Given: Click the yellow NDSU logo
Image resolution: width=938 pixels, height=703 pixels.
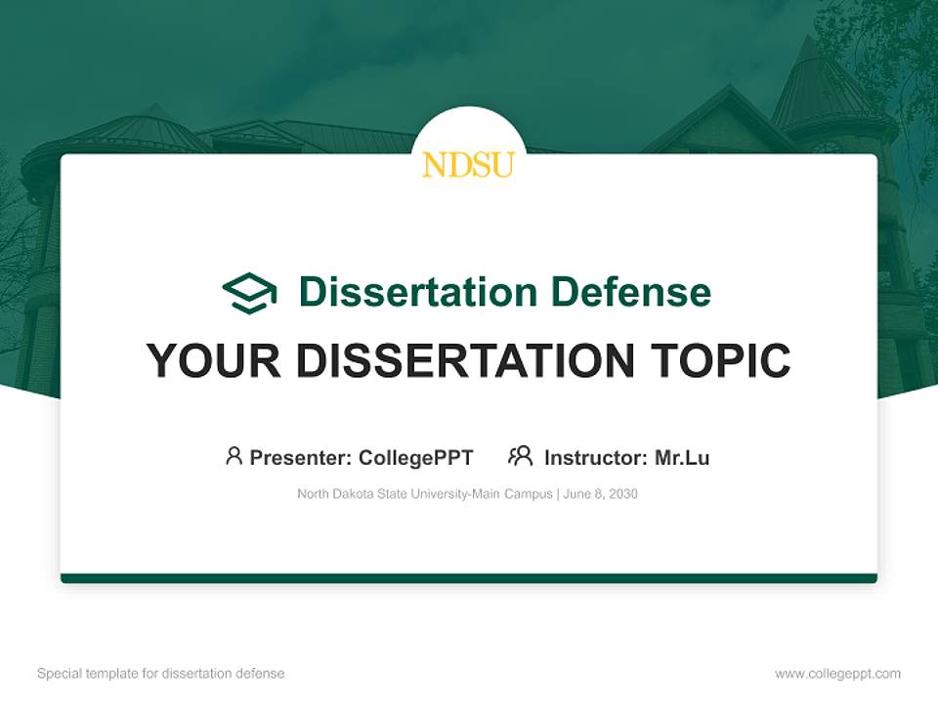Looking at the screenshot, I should [468, 164].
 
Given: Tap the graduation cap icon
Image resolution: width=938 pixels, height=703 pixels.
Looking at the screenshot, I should [249, 293].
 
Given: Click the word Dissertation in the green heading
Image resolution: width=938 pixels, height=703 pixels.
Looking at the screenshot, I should [417, 292].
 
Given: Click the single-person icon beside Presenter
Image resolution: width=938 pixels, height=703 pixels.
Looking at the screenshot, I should [234, 456].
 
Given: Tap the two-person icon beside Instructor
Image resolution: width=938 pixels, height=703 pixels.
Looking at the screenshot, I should [520, 456].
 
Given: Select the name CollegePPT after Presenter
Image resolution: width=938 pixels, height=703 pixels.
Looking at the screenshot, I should [415, 458].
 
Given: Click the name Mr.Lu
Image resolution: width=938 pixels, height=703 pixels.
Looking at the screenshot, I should [682, 458].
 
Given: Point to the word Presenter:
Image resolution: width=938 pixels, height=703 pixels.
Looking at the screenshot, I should [301, 458].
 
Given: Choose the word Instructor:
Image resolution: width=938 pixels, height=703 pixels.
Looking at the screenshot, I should [595, 458].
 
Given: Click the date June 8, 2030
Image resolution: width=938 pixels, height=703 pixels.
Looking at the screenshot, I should [601, 494].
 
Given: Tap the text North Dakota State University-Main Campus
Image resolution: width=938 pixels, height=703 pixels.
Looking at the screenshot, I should [425, 494].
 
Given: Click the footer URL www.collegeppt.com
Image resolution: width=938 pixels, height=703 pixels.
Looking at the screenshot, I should [837, 674].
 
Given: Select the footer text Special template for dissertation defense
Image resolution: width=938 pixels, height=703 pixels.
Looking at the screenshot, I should [160, 674].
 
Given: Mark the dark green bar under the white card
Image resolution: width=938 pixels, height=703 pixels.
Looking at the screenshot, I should [468, 578].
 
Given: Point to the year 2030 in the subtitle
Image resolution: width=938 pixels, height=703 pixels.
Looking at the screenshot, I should [622, 494].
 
